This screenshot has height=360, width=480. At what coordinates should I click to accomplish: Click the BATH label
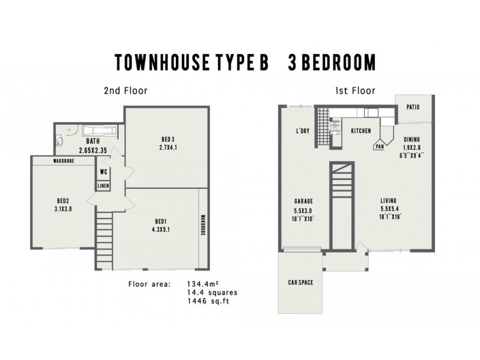[x=92, y=142]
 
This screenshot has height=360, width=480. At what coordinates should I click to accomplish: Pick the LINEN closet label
[x=103, y=186]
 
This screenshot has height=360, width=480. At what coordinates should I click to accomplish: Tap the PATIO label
[x=412, y=107]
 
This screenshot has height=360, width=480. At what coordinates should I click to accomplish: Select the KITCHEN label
[x=361, y=131]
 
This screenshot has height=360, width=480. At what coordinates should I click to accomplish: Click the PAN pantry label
[x=379, y=146]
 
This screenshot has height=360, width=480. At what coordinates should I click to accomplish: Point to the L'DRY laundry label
[x=302, y=131]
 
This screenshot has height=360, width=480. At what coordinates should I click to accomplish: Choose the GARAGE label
[x=304, y=201]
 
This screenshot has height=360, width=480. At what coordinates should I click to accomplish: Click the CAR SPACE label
[x=301, y=282]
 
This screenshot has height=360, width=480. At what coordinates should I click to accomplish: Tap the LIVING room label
[x=389, y=201]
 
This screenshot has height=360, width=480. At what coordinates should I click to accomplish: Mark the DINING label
[x=412, y=139]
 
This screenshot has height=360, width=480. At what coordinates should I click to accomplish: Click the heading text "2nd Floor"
[x=125, y=91]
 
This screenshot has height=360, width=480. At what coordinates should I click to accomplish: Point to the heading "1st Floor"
[x=355, y=91]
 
